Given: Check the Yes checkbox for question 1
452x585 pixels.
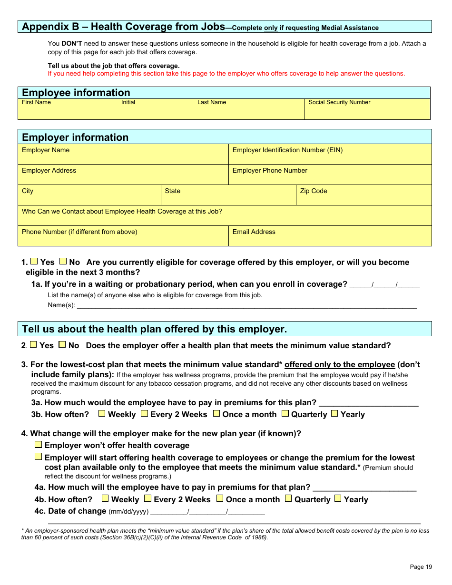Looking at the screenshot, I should [34, 261].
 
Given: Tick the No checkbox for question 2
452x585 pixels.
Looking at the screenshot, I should [62, 344].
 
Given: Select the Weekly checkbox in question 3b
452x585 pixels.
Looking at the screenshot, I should [102, 413].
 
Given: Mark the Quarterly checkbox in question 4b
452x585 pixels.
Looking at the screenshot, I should [288, 498].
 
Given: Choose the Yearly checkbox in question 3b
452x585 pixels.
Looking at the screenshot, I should [334, 413].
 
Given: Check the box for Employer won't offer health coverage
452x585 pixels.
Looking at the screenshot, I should [39, 445].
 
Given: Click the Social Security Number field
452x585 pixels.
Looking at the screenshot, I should [367, 112].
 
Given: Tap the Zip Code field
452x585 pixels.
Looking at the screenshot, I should [364, 197].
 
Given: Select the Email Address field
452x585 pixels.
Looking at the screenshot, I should [330, 239].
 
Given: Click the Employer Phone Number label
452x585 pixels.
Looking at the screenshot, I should [270, 171].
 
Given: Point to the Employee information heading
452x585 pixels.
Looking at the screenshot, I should [76, 93].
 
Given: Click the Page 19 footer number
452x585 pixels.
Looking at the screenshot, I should [421, 566].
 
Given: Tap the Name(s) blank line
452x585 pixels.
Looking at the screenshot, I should [247, 305].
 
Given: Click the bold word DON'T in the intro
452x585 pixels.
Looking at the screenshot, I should [72, 44].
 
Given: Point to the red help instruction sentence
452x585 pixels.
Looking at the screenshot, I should [226, 74].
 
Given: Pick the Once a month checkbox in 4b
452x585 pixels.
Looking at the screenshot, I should [220, 498].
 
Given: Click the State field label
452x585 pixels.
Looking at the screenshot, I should [173, 191].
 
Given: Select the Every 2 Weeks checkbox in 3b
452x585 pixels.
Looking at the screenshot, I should [145, 413].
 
